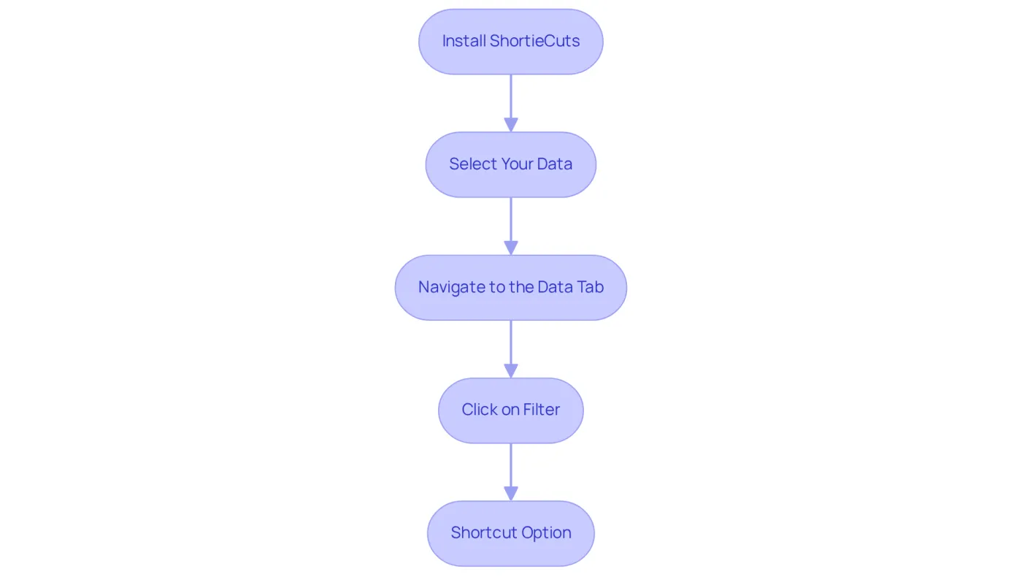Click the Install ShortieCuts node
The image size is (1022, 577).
click(510, 42)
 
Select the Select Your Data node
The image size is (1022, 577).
click(510, 164)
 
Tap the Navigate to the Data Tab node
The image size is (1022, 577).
click(510, 288)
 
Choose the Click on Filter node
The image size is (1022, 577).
click(510, 410)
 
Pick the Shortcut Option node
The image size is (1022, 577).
click(510, 533)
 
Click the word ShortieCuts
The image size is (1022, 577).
click(534, 41)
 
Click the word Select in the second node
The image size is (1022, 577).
click(473, 164)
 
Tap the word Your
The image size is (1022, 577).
click(517, 164)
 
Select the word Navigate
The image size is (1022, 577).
click(452, 288)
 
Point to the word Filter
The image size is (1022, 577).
click(541, 410)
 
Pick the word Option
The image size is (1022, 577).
click(546, 533)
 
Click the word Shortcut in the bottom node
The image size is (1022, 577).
click(484, 532)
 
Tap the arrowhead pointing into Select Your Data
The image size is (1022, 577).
click(510, 125)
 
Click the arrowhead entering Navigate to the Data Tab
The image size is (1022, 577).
click(510, 248)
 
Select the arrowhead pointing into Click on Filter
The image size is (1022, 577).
click(510, 371)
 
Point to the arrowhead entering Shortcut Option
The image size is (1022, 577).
click(510, 494)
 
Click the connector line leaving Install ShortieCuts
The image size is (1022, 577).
click(510, 96)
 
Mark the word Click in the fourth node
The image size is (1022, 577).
click(479, 410)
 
